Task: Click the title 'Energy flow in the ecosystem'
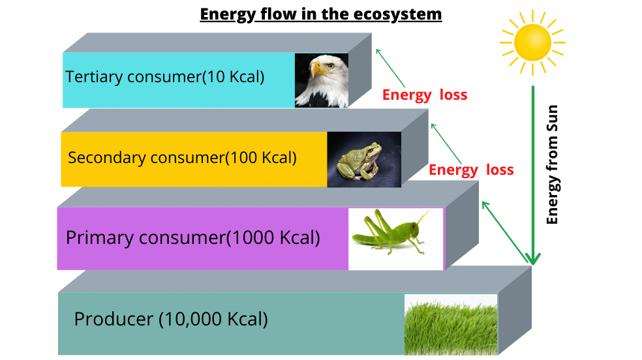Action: (x=320, y=14)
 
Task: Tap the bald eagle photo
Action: (x=321, y=80)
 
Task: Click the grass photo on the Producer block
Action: (x=450, y=323)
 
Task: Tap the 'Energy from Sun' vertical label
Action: (x=553, y=164)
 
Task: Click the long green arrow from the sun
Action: (x=533, y=176)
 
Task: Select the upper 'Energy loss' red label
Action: (x=425, y=95)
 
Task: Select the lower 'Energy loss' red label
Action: (x=471, y=170)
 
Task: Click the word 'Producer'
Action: (x=112, y=320)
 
